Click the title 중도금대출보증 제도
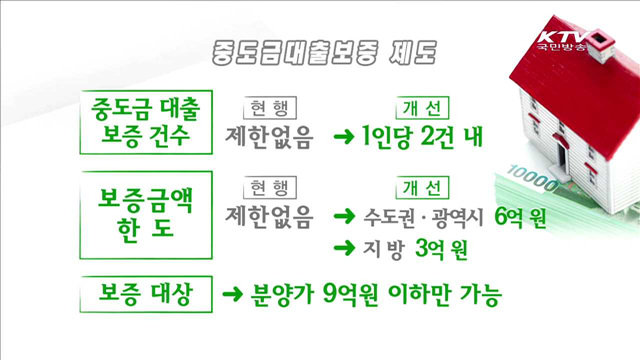(319, 50)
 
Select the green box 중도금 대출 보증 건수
(148, 120)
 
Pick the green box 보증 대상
(148, 295)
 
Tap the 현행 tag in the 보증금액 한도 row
(269, 187)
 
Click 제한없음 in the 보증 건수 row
(270, 137)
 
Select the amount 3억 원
(441, 247)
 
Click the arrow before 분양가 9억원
(232, 296)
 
